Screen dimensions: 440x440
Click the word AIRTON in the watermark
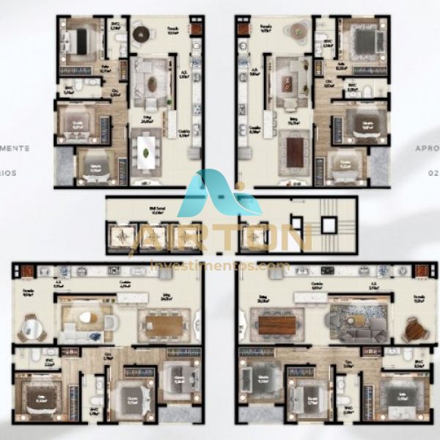[219, 240]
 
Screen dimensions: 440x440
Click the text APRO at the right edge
[425, 148]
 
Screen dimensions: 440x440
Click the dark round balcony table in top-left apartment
[141, 33]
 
